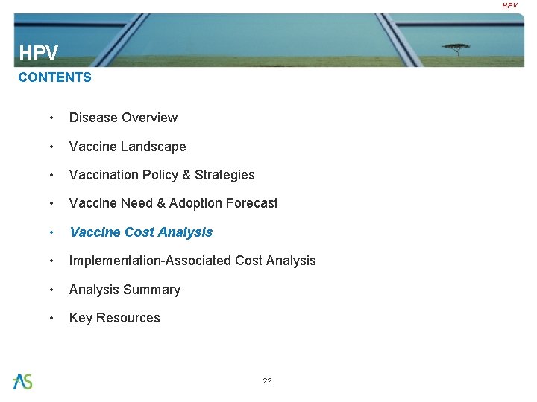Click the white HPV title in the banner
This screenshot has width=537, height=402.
pyautogui.click(x=38, y=53)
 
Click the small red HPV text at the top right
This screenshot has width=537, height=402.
pyautogui.click(x=509, y=5)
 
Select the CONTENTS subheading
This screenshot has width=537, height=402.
pyautogui.click(x=54, y=77)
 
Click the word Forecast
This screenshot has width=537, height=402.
pyautogui.click(x=253, y=203)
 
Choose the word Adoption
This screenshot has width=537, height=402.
pyautogui.click(x=198, y=203)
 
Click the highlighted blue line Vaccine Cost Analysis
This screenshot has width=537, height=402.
pyautogui.click(x=141, y=232)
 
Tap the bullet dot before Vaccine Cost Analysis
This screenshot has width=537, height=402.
pyautogui.click(x=51, y=232)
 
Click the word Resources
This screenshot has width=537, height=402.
pyautogui.click(x=128, y=318)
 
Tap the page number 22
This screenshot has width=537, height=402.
pyautogui.click(x=267, y=380)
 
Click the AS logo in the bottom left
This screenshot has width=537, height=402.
pyautogui.click(x=22, y=381)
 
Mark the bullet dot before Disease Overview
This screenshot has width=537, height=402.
pyautogui.click(x=51, y=118)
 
